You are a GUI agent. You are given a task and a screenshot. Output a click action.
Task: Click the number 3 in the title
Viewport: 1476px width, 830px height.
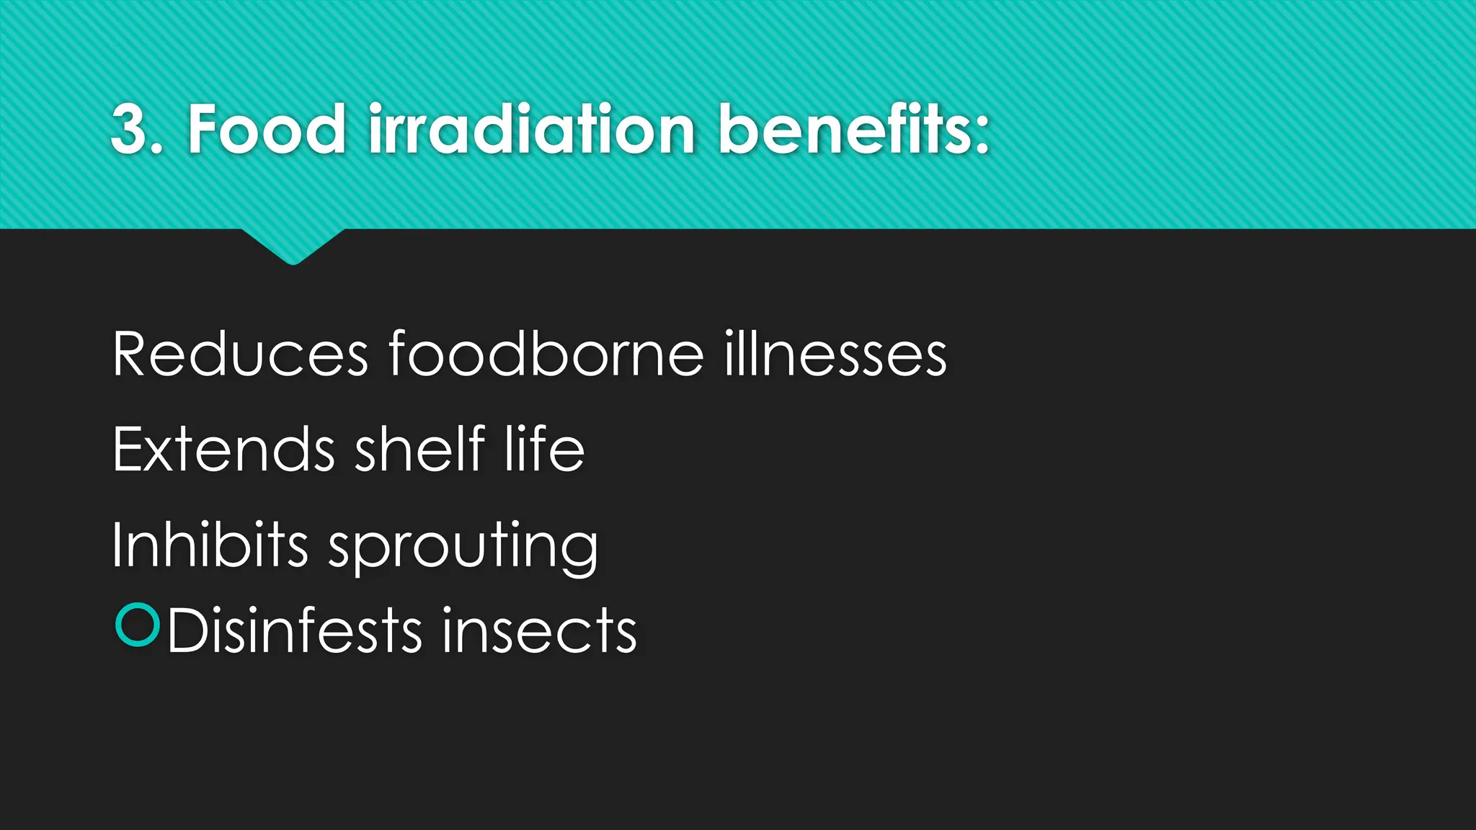click(130, 130)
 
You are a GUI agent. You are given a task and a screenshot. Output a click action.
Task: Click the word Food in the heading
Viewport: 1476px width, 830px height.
click(267, 130)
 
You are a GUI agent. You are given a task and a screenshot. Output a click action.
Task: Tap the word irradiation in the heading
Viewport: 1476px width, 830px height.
click(532, 130)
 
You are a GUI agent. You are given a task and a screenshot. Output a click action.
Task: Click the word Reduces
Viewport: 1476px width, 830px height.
click(241, 354)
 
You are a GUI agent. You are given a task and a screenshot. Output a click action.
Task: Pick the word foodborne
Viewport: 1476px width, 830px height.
click(546, 354)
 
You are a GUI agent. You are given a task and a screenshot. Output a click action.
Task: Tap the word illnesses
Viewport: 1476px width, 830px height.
click(836, 354)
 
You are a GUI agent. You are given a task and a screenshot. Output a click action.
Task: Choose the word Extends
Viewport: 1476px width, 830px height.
click(224, 450)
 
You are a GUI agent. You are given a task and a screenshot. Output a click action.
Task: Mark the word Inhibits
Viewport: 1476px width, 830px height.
click(210, 545)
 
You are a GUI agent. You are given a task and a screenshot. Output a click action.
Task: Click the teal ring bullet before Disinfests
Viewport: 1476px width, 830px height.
click(137, 625)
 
